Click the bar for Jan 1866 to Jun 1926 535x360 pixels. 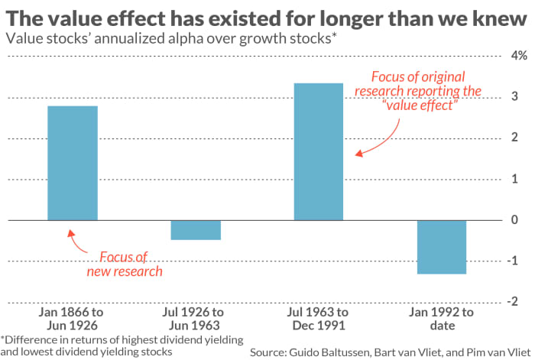point(73,163)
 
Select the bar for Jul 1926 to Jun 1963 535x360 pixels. point(196,230)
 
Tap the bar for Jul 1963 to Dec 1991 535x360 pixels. point(319,151)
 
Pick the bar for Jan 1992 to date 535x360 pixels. point(442,247)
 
